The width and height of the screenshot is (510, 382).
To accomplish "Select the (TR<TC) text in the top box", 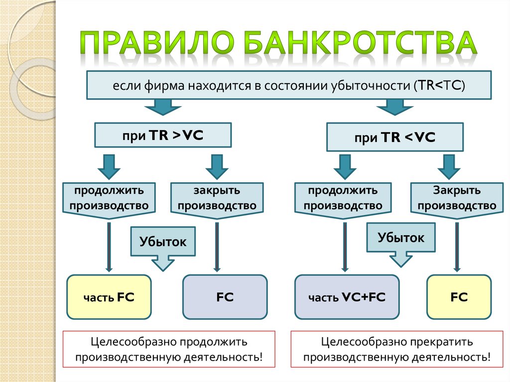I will tap(439, 85).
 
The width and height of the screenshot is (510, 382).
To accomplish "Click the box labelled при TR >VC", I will tap(163, 135).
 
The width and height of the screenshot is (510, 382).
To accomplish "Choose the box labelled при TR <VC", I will tap(394, 138).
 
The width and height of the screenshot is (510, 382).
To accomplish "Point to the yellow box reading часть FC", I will tap(109, 297).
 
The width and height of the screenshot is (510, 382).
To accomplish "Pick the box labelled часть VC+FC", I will tap(347, 297).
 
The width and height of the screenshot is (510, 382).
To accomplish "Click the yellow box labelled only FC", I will tap(459, 297).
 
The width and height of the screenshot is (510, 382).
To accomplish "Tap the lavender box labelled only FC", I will tap(225, 297).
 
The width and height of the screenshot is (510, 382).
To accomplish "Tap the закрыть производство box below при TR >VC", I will tap(217, 198).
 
